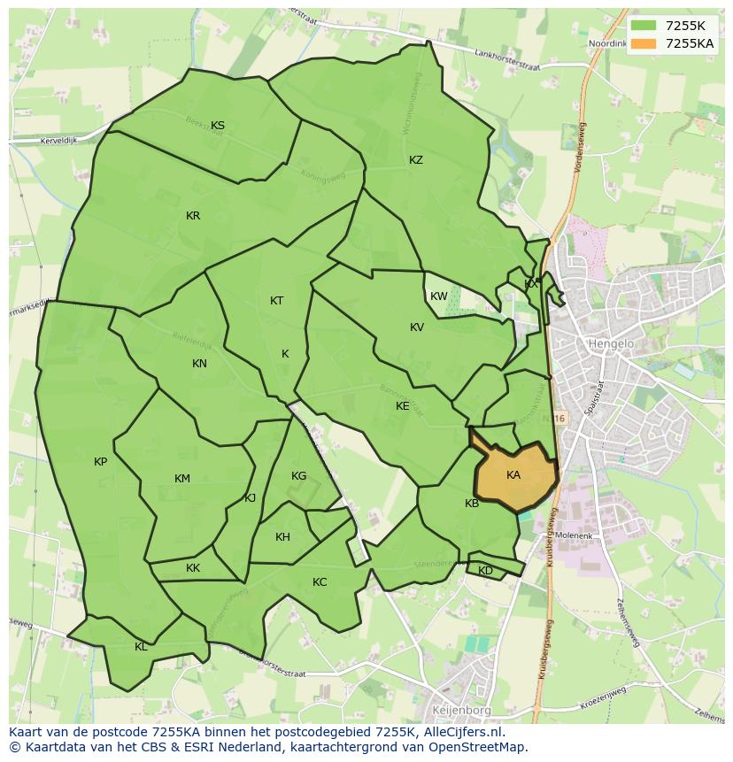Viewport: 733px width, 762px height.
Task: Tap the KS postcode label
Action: tap(218, 126)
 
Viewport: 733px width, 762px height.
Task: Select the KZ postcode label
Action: tap(416, 160)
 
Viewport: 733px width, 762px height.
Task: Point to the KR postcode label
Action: tap(193, 216)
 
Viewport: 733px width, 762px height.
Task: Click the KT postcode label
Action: tap(277, 301)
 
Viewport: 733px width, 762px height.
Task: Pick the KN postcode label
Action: tap(200, 364)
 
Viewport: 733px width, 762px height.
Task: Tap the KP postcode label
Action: tap(101, 462)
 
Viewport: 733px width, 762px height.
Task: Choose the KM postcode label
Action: tap(182, 479)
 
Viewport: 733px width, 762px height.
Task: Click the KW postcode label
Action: tap(439, 296)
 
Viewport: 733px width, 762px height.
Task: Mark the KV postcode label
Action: tap(417, 327)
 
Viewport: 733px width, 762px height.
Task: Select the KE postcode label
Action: tap(403, 406)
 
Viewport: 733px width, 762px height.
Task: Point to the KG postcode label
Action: tap(299, 476)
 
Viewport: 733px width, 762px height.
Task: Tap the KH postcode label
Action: tap(282, 537)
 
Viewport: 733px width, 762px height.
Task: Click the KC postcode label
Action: tap(320, 582)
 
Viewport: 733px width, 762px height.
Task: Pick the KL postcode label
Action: tap(142, 647)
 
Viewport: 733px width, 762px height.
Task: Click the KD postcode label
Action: tap(486, 571)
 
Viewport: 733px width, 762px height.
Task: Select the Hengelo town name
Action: tap(607, 343)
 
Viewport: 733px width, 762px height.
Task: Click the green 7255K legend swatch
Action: tap(644, 26)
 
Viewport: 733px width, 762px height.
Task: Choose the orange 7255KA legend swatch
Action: tap(644, 43)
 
